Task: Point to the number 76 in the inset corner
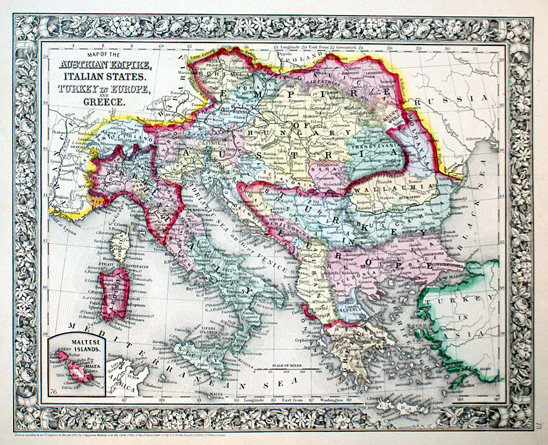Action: [x=53, y=391]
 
